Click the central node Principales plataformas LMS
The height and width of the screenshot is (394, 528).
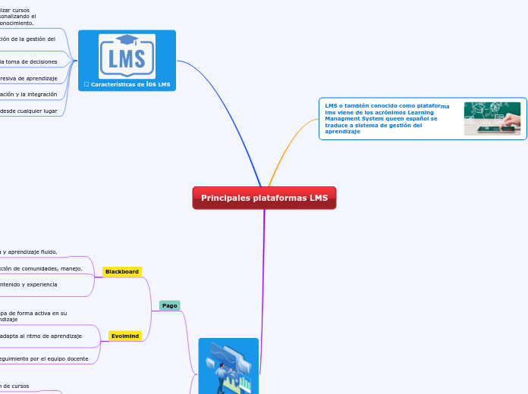coord(264,198)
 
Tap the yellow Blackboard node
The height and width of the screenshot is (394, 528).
coord(122,271)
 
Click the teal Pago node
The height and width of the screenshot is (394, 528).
coord(169,305)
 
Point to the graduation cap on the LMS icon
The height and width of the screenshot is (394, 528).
coord(127,39)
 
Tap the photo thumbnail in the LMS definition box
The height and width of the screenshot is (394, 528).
coord(492,118)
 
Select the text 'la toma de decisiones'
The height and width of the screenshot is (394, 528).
coord(30,61)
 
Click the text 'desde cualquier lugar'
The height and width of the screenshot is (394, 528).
coord(29,111)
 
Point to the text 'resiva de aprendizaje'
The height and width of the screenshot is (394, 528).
coord(30,78)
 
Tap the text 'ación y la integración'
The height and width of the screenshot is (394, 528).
coord(29,94)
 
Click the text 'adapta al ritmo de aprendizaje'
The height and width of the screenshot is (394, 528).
coord(42,335)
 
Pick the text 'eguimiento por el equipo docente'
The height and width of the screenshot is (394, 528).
coord(45,358)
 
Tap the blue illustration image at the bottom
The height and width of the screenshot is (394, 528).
coord(228,366)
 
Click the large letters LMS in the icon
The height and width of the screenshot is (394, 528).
coord(127,60)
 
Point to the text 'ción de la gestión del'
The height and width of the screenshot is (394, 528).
coord(28,38)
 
